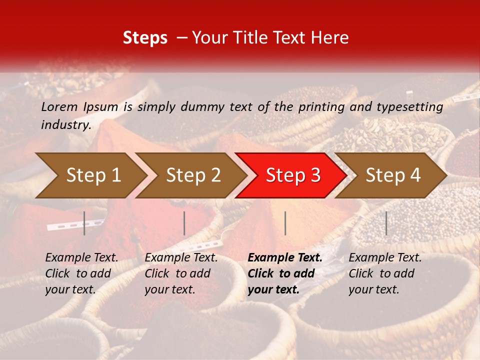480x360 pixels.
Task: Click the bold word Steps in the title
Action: click(145, 38)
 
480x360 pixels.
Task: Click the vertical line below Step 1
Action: click(84, 223)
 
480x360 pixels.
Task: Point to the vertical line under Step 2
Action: click(184, 223)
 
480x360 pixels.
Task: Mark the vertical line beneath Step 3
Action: click(285, 223)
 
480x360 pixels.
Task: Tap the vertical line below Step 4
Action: click(386, 223)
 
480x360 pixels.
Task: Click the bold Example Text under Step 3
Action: click(285, 273)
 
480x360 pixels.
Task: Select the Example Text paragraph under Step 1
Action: click(82, 273)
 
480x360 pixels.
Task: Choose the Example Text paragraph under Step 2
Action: click(181, 273)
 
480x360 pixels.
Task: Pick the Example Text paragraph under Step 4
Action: click(385, 273)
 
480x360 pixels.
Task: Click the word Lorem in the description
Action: click(59, 106)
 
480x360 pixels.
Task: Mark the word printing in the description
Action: click(321, 106)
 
